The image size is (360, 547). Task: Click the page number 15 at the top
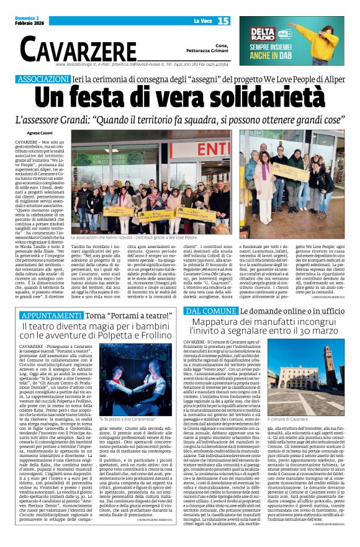coord(223,21)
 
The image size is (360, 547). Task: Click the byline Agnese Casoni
coord(40,133)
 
